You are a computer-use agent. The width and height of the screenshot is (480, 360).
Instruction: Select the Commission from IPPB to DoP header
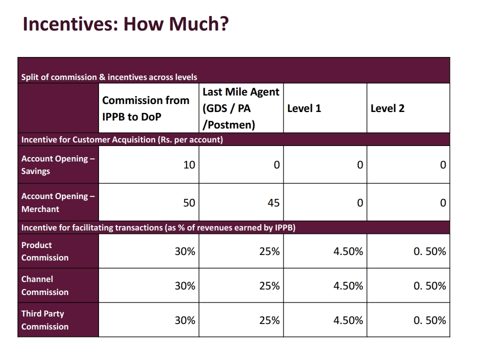tap(145, 108)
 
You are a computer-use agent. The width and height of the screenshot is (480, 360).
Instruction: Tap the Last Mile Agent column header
tap(240, 108)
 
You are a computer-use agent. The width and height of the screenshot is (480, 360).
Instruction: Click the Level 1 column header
tap(304, 108)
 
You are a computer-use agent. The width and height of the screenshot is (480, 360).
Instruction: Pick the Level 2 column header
tap(387, 108)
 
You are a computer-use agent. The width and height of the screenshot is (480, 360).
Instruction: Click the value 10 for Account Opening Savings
tap(189, 164)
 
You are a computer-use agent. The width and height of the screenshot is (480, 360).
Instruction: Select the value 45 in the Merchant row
tap(273, 202)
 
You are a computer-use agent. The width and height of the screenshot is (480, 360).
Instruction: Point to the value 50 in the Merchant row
tap(189, 202)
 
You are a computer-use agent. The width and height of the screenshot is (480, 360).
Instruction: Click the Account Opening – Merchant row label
tap(57, 202)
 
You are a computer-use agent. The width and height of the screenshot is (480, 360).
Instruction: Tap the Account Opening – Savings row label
tap(57, 164)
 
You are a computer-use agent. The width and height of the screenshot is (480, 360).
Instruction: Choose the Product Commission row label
tap(45, 251)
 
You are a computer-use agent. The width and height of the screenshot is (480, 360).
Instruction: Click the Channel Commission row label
tap(45, 285)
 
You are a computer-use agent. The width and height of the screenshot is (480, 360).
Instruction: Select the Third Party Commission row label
tap(45, 320)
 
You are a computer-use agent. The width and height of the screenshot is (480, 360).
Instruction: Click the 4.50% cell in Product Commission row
tap(348, 251)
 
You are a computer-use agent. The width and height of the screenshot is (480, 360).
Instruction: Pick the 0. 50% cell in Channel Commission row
tap(429, 286)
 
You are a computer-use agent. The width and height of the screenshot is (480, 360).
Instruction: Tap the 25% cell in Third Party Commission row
tap(269, 320)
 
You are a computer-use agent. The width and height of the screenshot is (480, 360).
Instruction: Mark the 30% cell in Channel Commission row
tap(185, 286)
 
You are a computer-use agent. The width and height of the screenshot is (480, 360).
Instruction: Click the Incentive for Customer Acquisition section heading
tap(122, 139)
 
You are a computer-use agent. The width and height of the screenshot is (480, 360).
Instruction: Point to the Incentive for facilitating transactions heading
tap(158, 228)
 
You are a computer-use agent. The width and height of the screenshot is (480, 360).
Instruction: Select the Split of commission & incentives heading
tap(109, 77)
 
